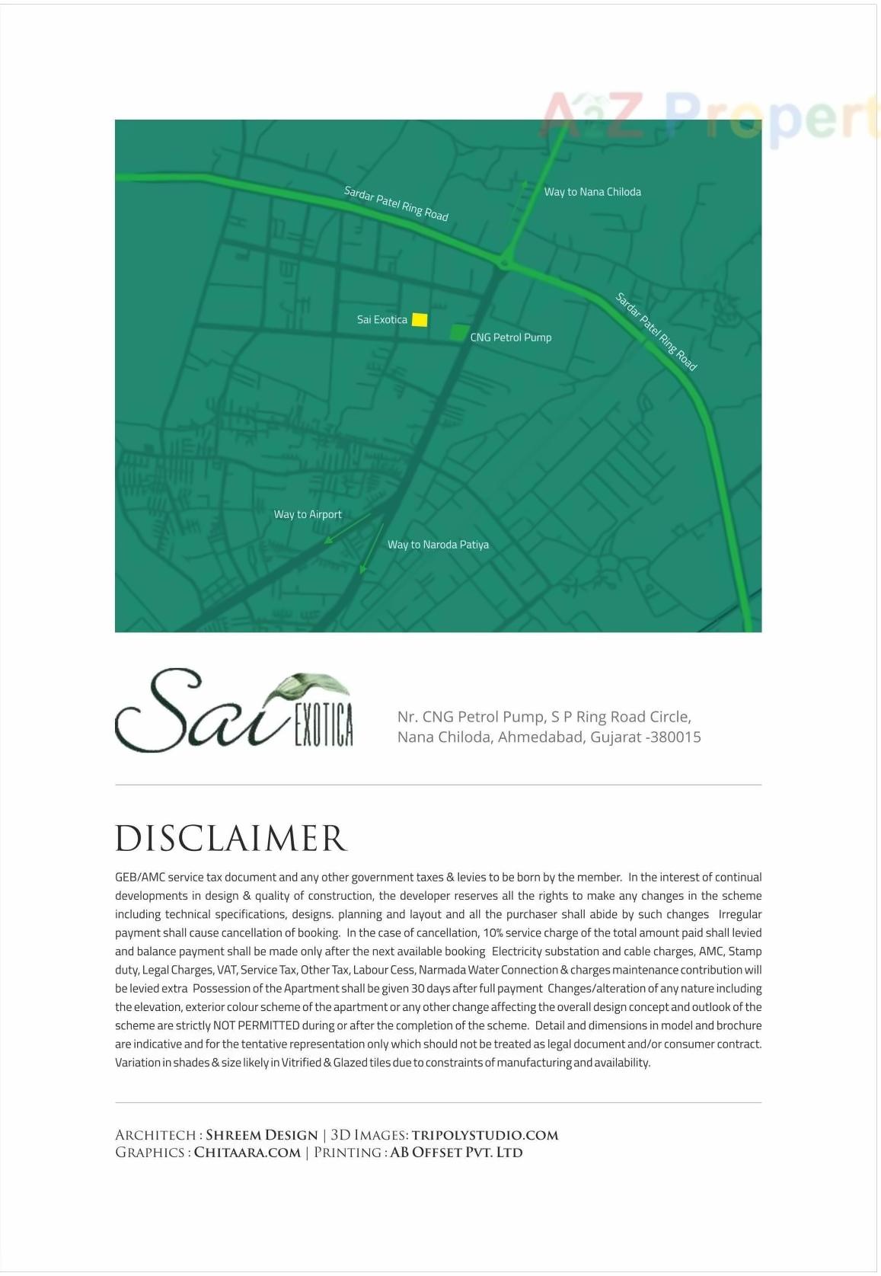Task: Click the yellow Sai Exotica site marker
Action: (420, 320)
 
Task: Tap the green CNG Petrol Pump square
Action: (458, 332)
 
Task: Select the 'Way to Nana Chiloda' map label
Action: (592, 192)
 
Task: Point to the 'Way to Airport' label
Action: (308, 515)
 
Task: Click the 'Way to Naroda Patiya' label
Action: (438, 545)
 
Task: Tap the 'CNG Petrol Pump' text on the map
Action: (511, 337)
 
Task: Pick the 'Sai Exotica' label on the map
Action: (381, 320)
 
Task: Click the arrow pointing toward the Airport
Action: (346, 529)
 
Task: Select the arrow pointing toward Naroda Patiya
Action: (372, 548)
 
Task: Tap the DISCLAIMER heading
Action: (231, 839)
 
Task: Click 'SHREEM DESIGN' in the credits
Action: (261, 1135)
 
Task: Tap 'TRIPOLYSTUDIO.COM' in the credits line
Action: (485, 1135)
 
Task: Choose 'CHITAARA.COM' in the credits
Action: (247, 1153)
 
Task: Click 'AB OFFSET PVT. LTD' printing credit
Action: (456, 1153)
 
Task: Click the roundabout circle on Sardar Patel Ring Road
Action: (503, 264)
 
